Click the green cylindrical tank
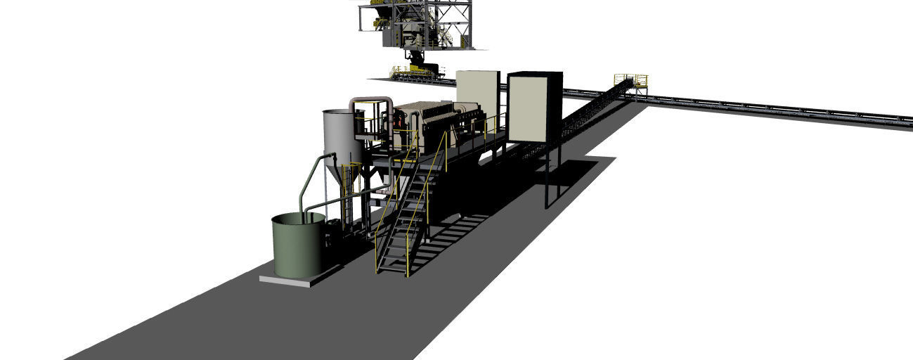(x=298, y=247)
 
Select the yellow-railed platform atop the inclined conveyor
(x=630, y=81)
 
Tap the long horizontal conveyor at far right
(x=773, y=109)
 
